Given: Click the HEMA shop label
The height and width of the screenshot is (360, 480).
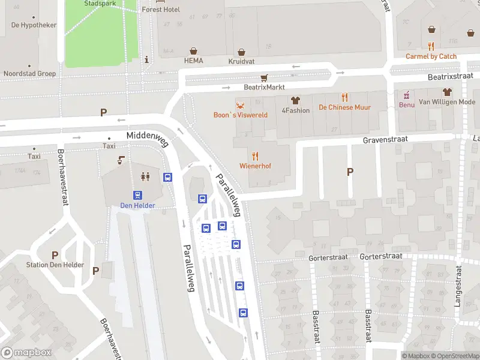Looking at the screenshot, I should [x=193, y=61].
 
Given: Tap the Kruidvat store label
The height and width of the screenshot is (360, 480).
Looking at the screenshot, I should [x=241, y=61].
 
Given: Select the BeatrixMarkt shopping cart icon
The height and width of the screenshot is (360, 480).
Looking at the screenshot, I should [x=264, y=78].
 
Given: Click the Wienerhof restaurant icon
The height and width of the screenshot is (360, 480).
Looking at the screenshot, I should [x=256, y=155].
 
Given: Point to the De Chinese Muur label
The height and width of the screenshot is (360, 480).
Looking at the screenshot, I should [x=344, y=107].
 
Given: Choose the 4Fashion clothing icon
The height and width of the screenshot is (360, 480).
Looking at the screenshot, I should [x=295, y=100].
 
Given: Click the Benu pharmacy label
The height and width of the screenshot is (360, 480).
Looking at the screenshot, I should [x=407, y=104].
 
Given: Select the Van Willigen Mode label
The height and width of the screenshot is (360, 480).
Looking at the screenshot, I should [x=446, y=102].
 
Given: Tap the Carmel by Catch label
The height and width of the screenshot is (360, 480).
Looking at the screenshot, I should [x=431, y=56].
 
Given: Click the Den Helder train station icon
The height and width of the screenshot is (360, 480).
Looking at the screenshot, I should [x=137, y=195].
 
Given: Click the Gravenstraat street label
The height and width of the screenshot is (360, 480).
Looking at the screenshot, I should [x=385, y=139].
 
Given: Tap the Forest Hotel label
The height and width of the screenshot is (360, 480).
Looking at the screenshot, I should [x=161, y=10].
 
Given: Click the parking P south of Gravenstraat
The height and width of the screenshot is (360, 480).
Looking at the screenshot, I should [x=350, y=172].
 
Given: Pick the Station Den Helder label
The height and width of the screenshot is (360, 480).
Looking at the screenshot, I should [x=55, y=265].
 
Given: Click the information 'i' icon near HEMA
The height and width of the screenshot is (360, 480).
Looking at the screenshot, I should [x=147, y=59].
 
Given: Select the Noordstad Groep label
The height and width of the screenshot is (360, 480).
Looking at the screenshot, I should [x=30, y=74].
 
